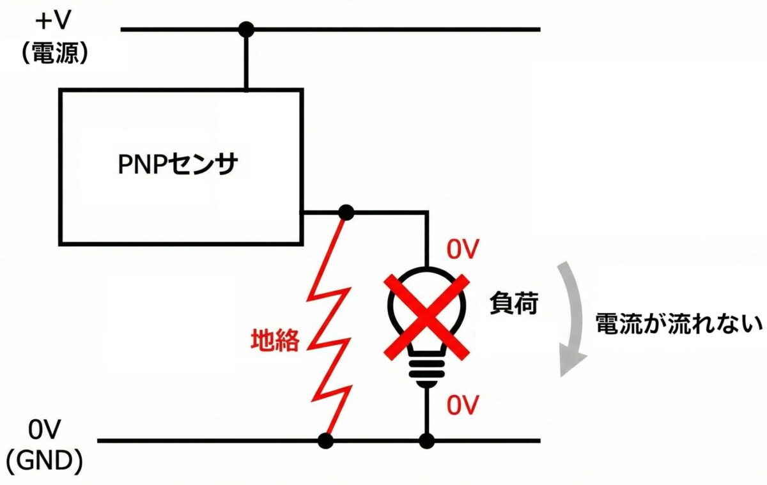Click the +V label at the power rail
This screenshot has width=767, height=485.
[x=54, y=22]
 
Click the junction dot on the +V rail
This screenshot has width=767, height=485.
[x=245, y=29]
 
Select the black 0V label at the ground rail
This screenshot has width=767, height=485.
[x=45, y=431]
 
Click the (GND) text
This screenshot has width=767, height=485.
[x=45, y=461]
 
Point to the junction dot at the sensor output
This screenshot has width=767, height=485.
[x=346, y=212]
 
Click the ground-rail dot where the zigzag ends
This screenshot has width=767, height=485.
[x=326, y=440]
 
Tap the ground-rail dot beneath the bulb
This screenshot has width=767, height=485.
[x=427, y=440]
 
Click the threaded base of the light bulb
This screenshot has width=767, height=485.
[x=427, y=371]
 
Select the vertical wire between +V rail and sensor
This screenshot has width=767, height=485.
[x=245, y=61]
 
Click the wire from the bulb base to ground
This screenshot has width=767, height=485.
[x=427, y=412]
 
